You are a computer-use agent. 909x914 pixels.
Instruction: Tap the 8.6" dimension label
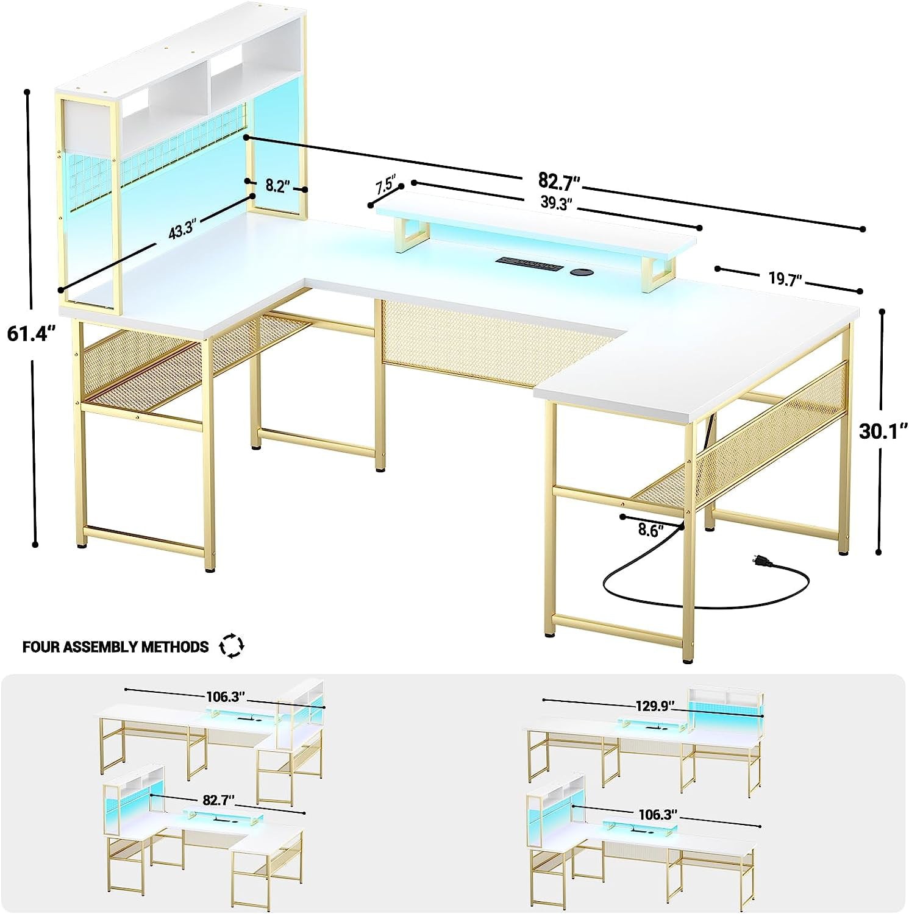tap(651, 530)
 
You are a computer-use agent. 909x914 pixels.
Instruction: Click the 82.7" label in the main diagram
tap(558, 180)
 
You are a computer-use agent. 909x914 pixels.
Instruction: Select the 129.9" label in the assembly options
tap(655, 706)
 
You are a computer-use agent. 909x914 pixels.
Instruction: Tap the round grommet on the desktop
tap(582, 272)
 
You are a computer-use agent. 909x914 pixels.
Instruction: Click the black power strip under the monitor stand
tap(529, 264)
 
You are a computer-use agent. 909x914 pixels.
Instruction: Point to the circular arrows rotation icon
tap(232, 646)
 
